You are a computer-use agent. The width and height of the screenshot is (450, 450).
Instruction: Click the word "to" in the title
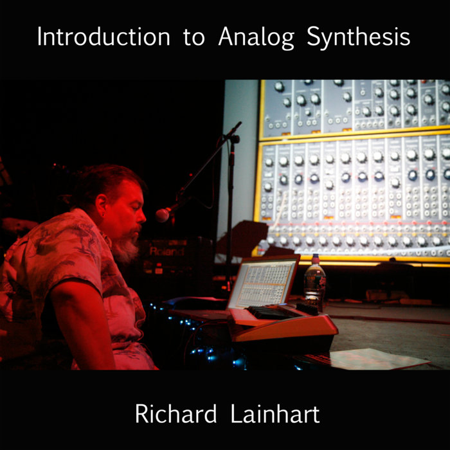click(x=194, y=37)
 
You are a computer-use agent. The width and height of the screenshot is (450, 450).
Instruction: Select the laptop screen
click(x=262, y=282)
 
